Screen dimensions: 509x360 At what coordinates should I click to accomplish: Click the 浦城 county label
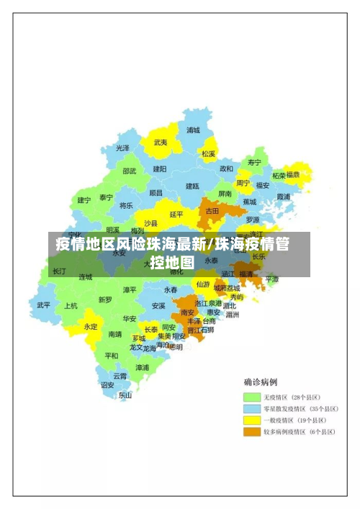pyautogui.click(x=193, y=131)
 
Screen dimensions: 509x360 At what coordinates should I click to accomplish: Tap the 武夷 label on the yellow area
pyautogui.click(x=160, y=143)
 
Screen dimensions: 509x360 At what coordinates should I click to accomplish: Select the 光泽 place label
pyautogui.click(x=123, y=148)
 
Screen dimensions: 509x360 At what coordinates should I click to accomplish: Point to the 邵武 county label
pyautogui.click(x=129, y=171)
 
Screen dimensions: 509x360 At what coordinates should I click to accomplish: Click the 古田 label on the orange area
pyautogui.click(x=212, y=212)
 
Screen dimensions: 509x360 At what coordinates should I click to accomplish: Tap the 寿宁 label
pyautogui.click(x=254, y=163)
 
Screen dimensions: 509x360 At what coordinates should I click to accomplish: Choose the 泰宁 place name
pyautogui.click(x=106, y=197)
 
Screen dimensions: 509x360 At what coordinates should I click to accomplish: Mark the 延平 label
pyautogui.click(x=176, y=214)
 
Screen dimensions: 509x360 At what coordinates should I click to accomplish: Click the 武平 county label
pyautogui.click(x=44, y=305)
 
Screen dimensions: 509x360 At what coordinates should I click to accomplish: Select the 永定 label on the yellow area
pyautogui.click(x=91, y=326)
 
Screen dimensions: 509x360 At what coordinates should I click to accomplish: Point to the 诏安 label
pyautogui.click(x=107, y=384)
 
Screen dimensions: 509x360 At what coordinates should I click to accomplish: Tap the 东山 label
pyautogui.click(x=125, y=395)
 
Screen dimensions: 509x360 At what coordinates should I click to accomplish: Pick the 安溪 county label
pyautogui.click(x=158, y=306)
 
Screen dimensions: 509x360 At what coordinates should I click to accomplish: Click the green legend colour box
pyautogui.click(x=251, y=397)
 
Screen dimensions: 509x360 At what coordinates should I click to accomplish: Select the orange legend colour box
pyautogui.click(x=251, y=432)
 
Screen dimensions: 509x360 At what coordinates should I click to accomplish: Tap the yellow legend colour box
pyautogui.click(x=251, y=420)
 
